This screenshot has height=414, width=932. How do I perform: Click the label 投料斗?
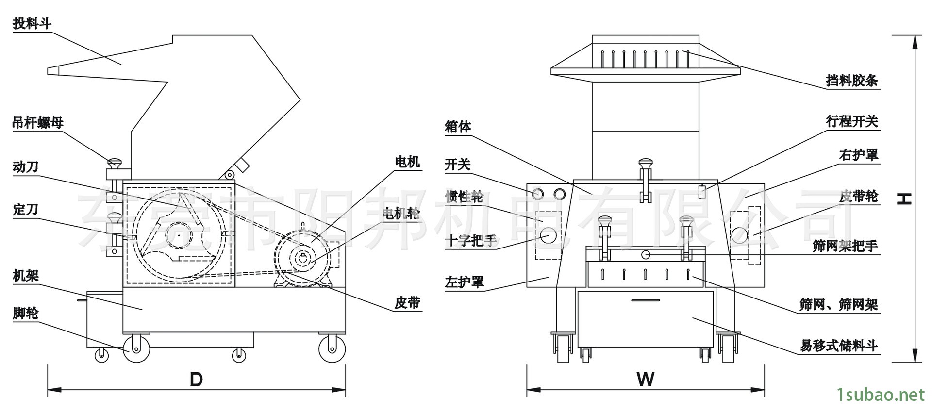click(32, 23)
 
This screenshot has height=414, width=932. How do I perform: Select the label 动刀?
click(25, 167)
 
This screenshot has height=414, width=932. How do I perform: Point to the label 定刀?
click(25, 210)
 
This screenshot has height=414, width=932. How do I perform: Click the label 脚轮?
click(25, 314)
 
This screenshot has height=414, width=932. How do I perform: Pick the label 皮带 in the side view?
click(407, 303)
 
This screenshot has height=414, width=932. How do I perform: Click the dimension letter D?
click(196, 379)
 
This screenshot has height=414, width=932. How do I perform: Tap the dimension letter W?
click(646, 379)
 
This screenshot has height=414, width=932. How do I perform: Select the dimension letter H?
click(904, 199)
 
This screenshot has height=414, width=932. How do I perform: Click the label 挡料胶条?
click(852, 80)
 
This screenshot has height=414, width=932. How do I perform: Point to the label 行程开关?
click(852, 121)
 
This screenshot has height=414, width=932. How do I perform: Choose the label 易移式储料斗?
click(839, 346)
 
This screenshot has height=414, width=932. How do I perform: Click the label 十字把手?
click(471, 241)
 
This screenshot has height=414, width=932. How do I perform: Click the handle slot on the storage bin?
click(646, 300)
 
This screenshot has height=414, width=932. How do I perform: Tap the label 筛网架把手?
click(845, 246)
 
